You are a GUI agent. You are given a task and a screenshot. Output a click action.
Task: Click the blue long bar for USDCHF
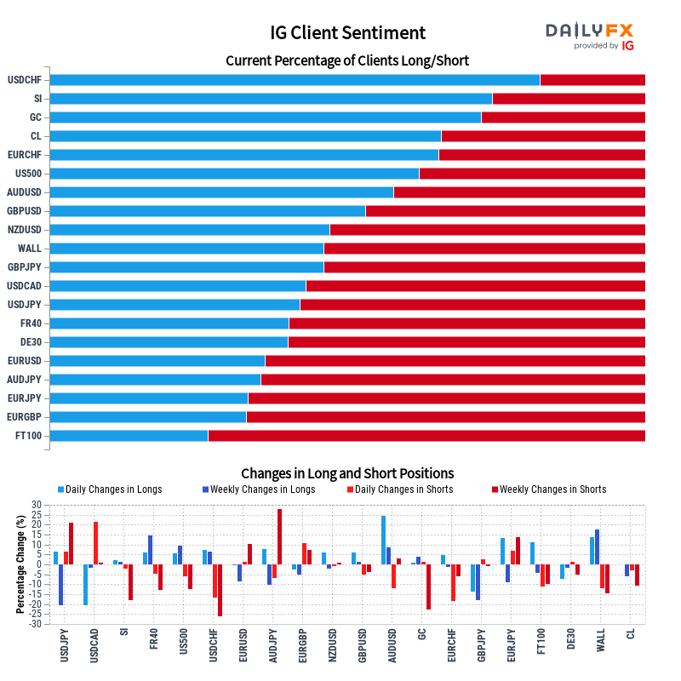[295, 80]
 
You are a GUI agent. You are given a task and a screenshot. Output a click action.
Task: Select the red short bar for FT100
[426, 436]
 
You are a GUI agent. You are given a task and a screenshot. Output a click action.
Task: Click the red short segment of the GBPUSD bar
[505, 211]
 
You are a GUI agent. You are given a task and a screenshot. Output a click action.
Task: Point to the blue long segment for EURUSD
[157, 361]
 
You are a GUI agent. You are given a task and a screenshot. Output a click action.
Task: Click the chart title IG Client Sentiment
[347, 33]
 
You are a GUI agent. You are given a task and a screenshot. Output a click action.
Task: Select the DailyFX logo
[590, 36]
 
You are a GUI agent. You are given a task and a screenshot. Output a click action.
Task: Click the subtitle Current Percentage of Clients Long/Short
[347, 61]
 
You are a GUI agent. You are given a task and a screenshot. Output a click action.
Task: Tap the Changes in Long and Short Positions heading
[347, 473]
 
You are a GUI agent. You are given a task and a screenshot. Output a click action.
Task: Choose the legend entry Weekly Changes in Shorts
[552, 489]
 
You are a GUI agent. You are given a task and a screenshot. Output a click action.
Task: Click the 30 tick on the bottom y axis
[36, 505]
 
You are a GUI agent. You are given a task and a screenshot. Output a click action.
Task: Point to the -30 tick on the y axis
[34, 624]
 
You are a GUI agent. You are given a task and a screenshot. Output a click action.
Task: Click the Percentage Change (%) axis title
[20, 564]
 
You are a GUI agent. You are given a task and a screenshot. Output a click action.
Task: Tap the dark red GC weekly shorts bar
[428, 587]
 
